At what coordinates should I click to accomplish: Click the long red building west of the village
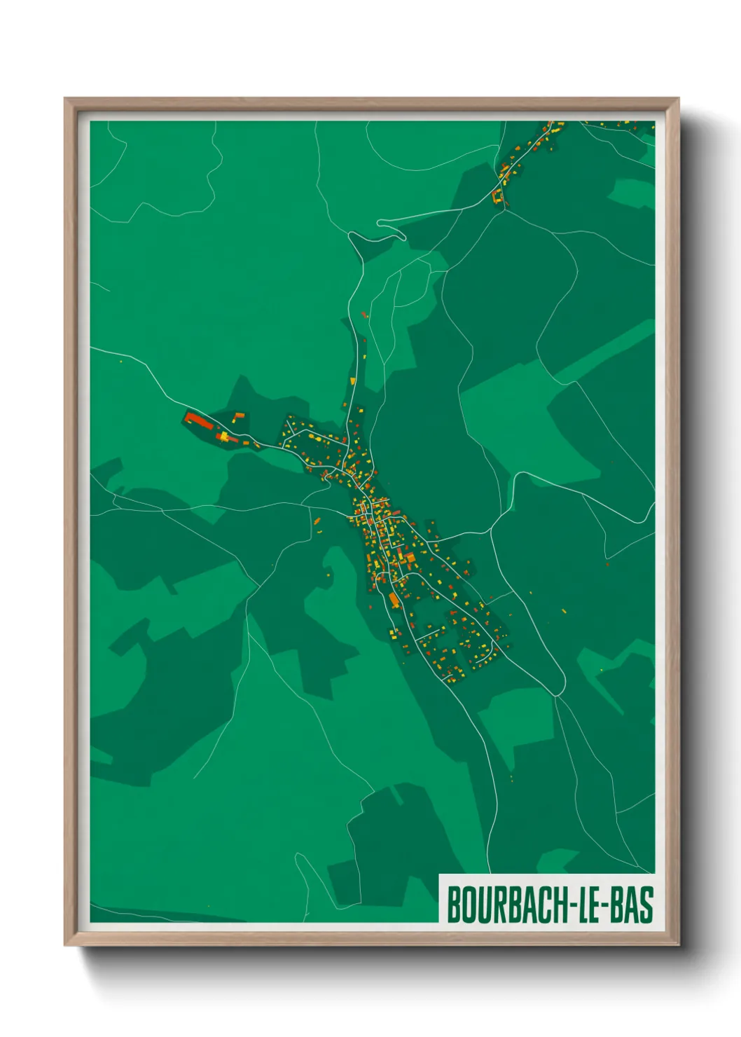click(x=198, y=421)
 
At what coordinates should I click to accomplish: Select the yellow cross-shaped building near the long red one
click(x=223, y=437)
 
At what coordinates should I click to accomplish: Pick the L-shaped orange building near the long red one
click(x=239, y=416)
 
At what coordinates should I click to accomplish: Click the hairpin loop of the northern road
click(x=380, y=223)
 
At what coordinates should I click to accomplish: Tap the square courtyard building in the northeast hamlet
click(x=498, y=197)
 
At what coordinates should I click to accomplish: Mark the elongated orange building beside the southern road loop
click(x=394, y=600)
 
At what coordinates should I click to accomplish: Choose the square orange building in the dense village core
click(x=410, y=558)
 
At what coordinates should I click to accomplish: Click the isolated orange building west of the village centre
click(x=317, y=522)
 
